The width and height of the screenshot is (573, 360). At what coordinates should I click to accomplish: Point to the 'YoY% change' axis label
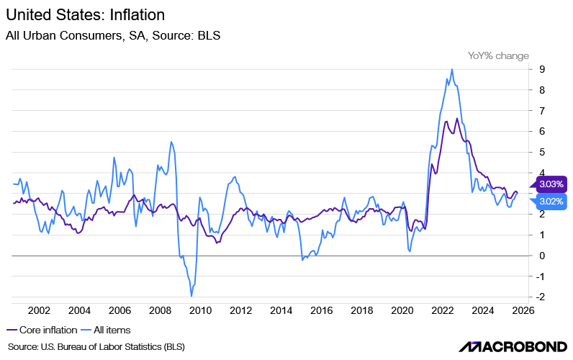[498, 55]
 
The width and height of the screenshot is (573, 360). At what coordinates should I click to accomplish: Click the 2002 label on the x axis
[38, 311]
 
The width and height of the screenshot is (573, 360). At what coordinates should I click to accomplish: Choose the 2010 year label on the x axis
[199, 311]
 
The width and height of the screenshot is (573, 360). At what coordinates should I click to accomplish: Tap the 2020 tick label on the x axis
[401, 311]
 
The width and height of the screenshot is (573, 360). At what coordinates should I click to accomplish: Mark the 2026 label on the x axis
[522, 311]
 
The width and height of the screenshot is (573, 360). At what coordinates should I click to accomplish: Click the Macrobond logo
[513, 346]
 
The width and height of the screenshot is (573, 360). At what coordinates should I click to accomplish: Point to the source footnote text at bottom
[96, 347]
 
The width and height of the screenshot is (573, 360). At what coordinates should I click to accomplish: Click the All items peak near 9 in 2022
[451, 69]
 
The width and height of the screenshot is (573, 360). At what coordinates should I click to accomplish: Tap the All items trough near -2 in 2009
[191, 296]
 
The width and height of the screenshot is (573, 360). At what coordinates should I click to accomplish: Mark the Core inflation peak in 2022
[456, 118]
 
